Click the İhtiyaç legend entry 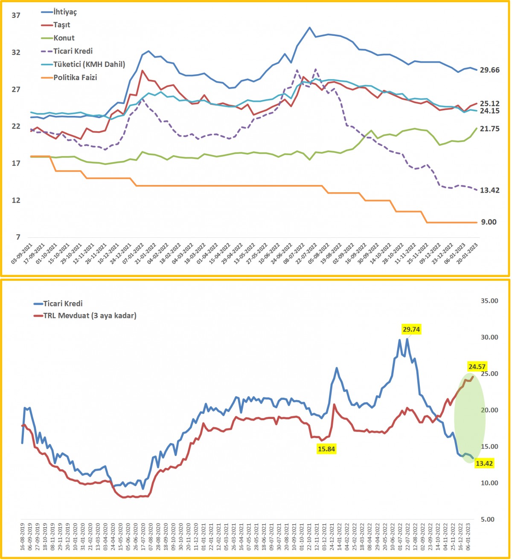click(59, 12)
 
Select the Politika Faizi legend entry click(69, 77)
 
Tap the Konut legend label click(58, 38)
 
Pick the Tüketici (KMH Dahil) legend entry click(83, 64)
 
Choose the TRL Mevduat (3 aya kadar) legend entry click(85, 315)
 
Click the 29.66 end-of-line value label click(490, 70)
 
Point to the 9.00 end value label click(489, 222)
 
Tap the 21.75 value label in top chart click(490, 129)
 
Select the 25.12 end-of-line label click(490, 104)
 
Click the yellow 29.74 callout click(411, 329)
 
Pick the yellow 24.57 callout click(477, 366)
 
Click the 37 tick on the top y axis click(16, 15)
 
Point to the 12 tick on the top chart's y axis click(16, 200)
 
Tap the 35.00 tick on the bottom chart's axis click(489, 300)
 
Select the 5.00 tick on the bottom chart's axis click(488, 519)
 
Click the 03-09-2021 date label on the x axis click(22, 254)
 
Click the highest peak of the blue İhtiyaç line click(309, 27)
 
